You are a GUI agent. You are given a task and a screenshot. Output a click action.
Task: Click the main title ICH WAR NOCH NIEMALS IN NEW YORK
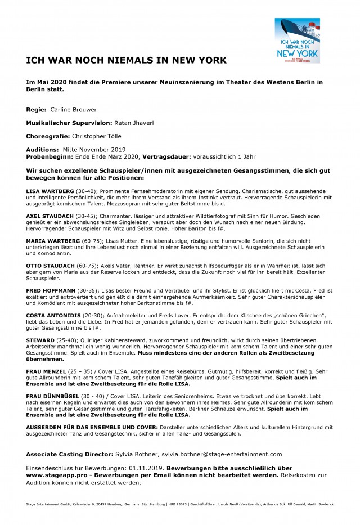click(127, 60)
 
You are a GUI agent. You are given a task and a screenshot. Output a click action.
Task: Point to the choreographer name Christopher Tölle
click(97, 136)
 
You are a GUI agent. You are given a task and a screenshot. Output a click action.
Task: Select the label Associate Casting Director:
click(70, 454)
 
